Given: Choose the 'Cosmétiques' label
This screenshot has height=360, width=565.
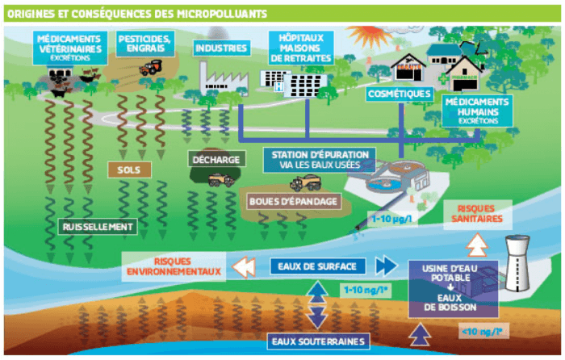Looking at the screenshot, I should pos(400,94).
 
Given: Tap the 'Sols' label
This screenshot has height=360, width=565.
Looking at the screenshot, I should pos(129,170).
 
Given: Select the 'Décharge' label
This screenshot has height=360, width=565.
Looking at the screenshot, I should pos(216,159).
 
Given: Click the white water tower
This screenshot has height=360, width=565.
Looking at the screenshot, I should pos(517,262).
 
